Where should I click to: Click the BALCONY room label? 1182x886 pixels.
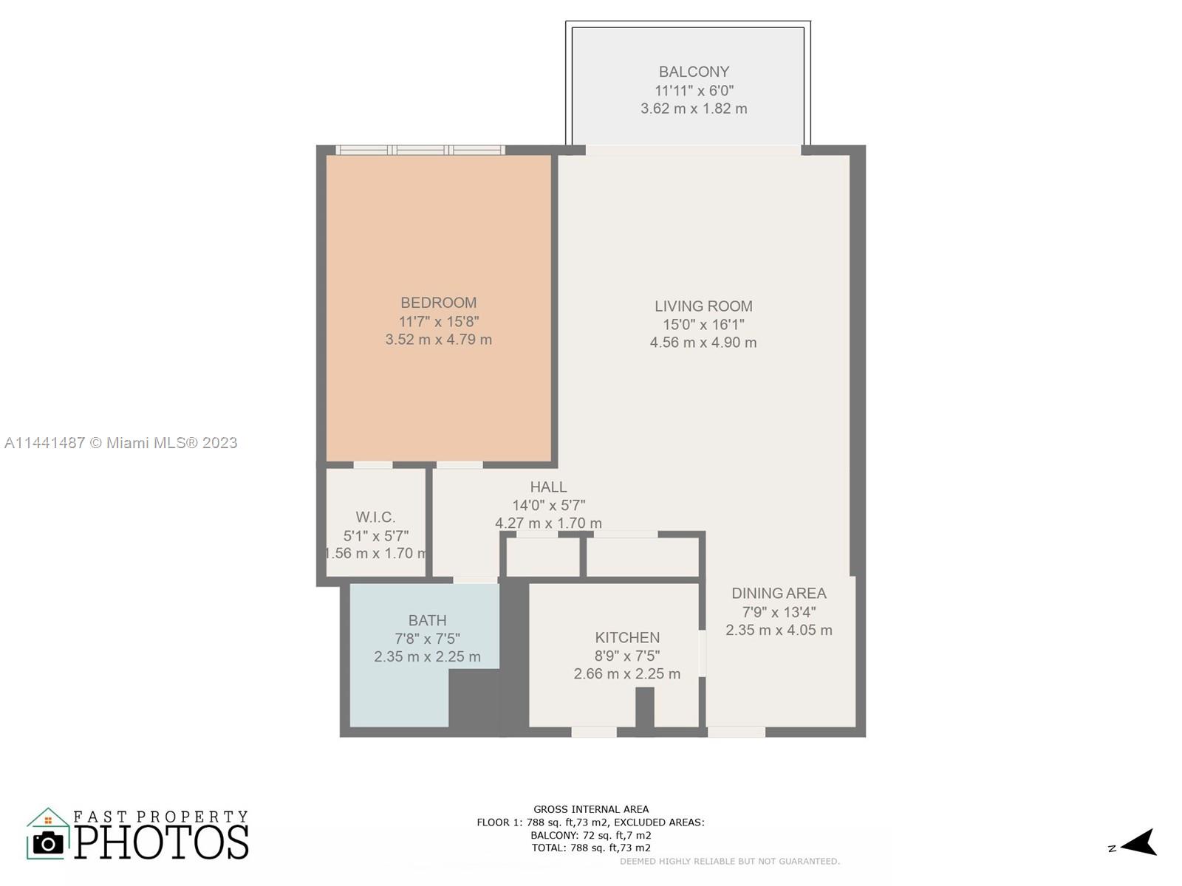click(694, 72)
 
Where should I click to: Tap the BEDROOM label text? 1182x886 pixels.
click(438, 302)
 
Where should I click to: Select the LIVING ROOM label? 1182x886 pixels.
click(703, 306)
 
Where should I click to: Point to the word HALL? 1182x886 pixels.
click(548, 487)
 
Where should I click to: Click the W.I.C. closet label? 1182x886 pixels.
click(375, 517)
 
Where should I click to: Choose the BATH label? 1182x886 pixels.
click(427, 620)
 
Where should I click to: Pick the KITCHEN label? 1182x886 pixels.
click(626, 637)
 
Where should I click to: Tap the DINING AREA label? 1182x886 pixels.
click(779, 593)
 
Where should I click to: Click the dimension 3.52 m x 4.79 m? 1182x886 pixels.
click(438, 340)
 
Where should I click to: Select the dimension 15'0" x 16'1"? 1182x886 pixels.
click(703, 324)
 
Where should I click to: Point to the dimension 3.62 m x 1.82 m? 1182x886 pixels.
click(694, 109)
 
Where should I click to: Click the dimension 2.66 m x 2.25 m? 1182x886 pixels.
click(626, 673)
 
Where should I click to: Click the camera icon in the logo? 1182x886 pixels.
click(48, 843)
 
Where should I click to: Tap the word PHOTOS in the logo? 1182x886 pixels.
click(162, 842)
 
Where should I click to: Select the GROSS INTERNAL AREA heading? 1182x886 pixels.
click(591, 809)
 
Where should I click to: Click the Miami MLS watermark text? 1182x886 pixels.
click(120, 443)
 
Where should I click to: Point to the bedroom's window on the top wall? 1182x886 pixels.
click(420, 150)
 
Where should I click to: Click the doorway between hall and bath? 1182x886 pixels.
click(475, 580)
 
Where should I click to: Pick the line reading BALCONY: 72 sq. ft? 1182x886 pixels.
click(591, 836)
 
